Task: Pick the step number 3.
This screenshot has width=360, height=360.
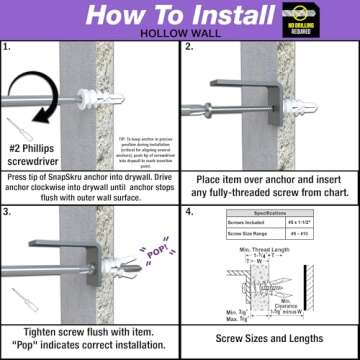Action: coord(9,208)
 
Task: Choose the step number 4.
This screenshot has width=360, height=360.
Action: coord(189,208)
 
